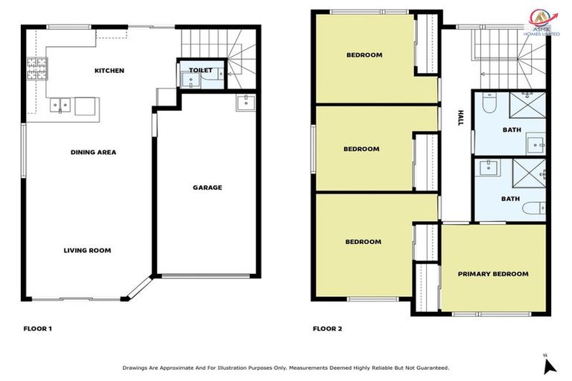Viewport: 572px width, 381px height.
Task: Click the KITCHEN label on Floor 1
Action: tap(109, 71)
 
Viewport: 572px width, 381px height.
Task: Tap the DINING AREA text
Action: tap(93, 152)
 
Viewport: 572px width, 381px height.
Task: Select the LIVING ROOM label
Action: tap(87, 250)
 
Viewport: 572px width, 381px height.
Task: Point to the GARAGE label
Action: tap(207, 188)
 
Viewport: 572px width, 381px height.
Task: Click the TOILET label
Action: tap(201, 71)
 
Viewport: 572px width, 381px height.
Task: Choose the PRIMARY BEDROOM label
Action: tap(493, 274)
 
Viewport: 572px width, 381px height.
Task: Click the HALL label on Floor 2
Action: tap(461, 117)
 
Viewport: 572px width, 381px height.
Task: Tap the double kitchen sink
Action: tap(60, 105)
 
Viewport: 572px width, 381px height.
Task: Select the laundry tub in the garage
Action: tap(245, 103)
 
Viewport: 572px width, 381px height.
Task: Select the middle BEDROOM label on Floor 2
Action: tap(361, 149)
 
